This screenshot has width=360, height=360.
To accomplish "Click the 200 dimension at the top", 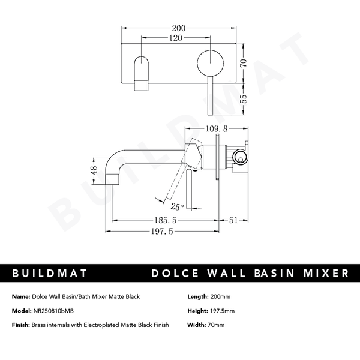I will [x=179, y=28].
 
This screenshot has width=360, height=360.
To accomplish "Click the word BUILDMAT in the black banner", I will [x=51, y=274].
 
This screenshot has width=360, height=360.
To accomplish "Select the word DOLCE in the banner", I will [x=172, y=274].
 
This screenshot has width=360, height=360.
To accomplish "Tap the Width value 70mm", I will [x=216, y=325].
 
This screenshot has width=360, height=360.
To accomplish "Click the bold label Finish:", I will [x=20, y=325].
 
